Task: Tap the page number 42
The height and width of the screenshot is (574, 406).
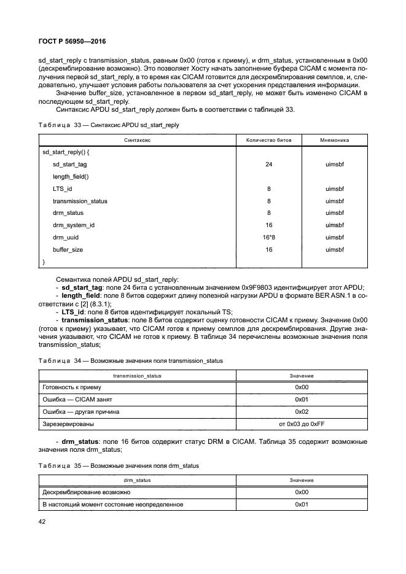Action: [43, 522]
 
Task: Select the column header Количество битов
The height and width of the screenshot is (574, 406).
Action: [268, 140]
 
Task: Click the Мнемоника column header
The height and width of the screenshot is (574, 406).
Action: [334, 140]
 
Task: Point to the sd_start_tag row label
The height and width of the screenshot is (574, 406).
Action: [69, 165]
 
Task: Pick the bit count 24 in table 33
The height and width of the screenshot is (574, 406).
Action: [268, 165]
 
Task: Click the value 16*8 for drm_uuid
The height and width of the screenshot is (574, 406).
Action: [268, 237]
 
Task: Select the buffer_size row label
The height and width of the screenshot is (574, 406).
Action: [68, 250]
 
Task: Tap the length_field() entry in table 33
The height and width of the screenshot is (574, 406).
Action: [71, 177]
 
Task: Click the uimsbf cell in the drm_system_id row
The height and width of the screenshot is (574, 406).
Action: [334, 225]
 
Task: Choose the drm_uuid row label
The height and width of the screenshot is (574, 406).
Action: [65, 237]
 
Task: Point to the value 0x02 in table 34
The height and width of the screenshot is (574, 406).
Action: [301, 411]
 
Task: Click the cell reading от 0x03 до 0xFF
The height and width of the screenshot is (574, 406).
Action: [301, 424]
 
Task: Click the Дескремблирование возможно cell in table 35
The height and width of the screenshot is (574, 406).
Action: [85, 492]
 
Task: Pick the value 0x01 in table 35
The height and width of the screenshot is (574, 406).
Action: [301, 504]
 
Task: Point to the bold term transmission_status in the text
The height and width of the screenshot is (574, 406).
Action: [92, 320]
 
